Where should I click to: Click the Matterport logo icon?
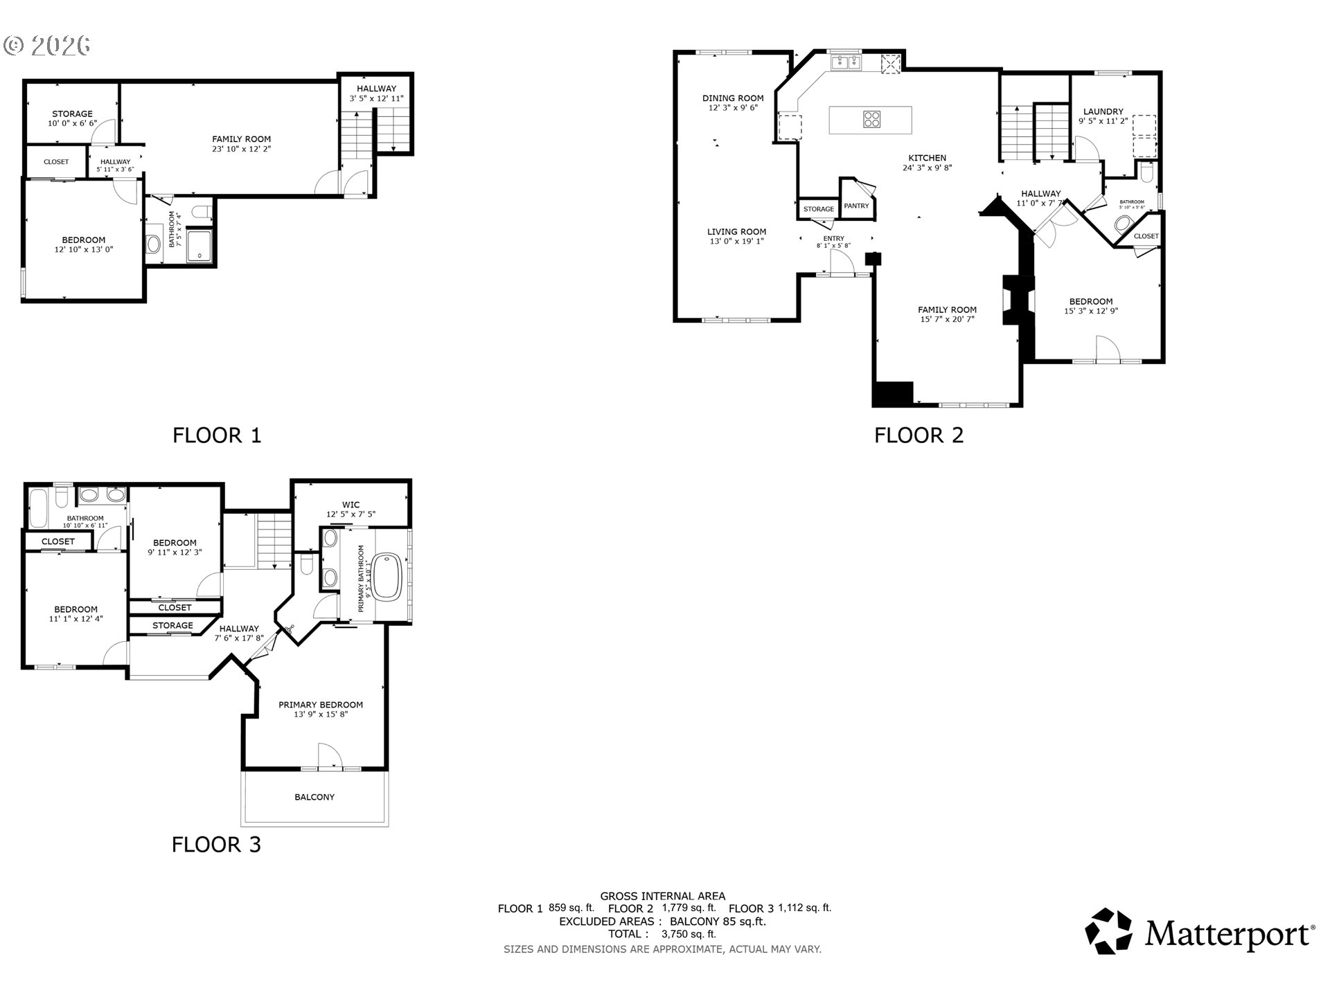tap(1108, 931)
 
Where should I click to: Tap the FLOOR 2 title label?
tap(919, 435)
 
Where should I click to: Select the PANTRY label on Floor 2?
tap(856, 206)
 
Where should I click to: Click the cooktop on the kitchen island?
tap(872, 120)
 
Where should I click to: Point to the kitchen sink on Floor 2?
tap(845, 62)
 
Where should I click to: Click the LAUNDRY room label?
tap(1103, 111)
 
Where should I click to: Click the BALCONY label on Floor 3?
tap(314, 798)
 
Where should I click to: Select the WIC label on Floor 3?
tap(351, 505)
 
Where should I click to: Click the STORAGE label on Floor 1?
tap(72, 114)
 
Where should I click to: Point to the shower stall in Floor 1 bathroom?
tap(199, 246)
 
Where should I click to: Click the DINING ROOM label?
tap(733, 98)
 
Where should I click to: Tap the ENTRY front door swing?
tap(841, 262)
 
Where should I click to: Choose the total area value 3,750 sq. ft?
tap(689, 934)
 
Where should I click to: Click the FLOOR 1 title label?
tap(217, 435)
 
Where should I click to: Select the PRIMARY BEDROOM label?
tap(321, 705)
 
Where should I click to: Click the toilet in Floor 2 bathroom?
tap(1123, 224)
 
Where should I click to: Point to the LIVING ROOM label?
tap(736, 232)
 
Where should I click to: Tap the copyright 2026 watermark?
tap(47, 46)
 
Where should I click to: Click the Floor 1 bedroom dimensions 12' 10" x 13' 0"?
tap(84, 249)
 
